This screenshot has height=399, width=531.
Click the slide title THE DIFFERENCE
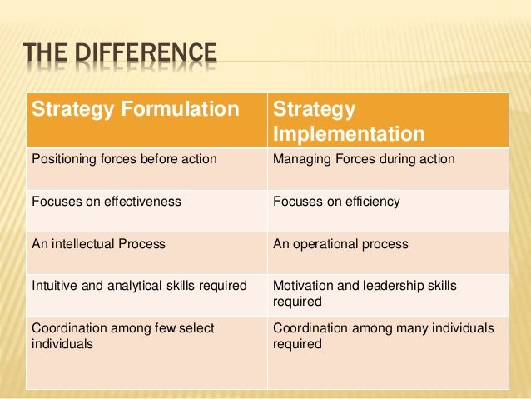[121, 57]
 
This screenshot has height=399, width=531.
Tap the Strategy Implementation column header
[348, 122]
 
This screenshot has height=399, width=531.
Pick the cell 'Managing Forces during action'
[364, 158]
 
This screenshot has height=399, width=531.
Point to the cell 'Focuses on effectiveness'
[106, 201]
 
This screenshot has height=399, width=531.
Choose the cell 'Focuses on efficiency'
[336, 201]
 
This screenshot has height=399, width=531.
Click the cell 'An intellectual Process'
[98, 244]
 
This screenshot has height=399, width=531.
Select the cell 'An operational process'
[340, 244]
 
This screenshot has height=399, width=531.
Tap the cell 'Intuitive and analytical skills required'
[139, 286]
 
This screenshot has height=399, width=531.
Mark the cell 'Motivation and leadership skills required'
[365, 293]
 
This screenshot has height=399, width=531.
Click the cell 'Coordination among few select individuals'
[122, 336]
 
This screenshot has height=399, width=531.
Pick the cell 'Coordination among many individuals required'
[383, 336]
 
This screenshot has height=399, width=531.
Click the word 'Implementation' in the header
[349, 134]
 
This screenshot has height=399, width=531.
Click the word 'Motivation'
[304, 286]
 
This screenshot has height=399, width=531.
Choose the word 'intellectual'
[83, 244]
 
